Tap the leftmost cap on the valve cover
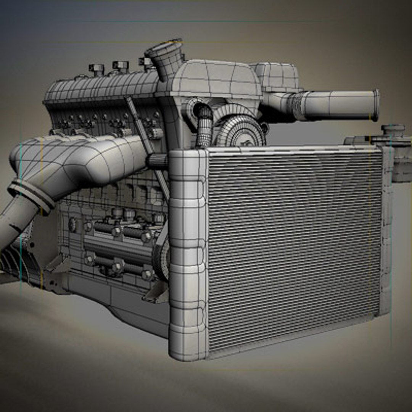[x=97, y=69]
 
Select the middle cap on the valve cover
[x=121, y=66]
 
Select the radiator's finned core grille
[x=294, y=248]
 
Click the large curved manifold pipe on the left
[x=76, y=160]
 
